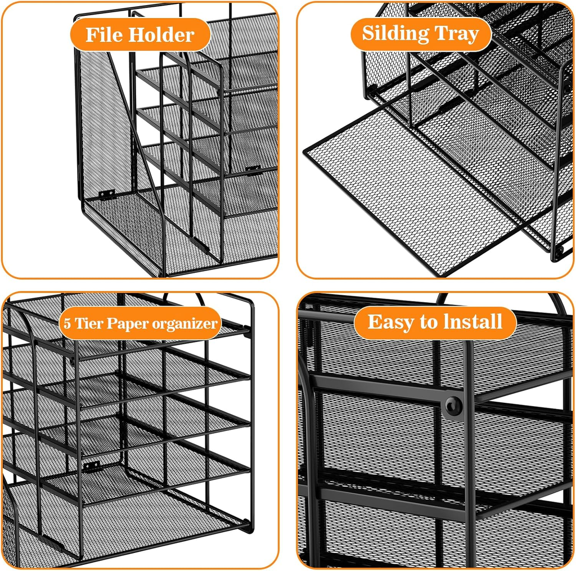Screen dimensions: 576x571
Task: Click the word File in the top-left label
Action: point(104,35)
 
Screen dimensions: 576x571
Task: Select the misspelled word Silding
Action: point(395,34)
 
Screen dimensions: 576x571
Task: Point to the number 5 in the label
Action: point(67,323)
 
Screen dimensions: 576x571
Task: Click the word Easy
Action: point(390,322)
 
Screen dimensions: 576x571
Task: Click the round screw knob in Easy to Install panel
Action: point(454,406)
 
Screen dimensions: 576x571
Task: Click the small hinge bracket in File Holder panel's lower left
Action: point(107,194)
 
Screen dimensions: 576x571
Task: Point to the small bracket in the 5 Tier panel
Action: point(92,466)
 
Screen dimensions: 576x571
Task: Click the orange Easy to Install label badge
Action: point(435,323)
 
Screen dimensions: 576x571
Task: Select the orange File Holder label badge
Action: point(140,34)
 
